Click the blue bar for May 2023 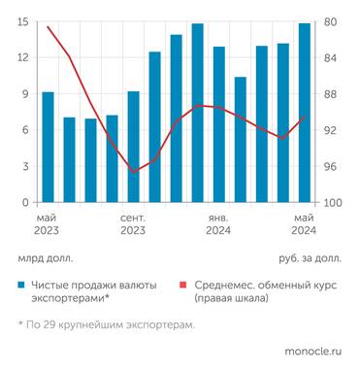pyautogui.click(x=48, y=148)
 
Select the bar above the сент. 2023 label pyautogui.click(x=134, y=148)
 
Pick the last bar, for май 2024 pyautogui.click(x=305, y=113)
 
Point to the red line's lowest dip pyautogui.click(x=134, y=171)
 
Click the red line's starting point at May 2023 pyautogui.click(x=48, y=26)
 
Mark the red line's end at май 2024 pyautogui.click(x=305, y=117)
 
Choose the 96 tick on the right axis pyautogui.click(x=330, y=167)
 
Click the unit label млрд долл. pyautogui.click(x=45, y=258)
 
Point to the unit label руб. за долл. pyautogui.click(x=310, y=258)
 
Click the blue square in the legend pyautogui.click(x=21, y=286)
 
